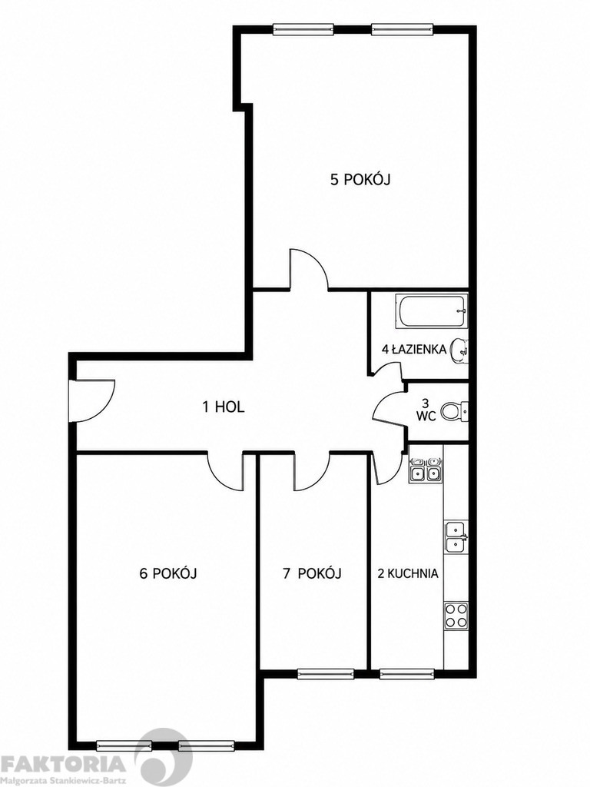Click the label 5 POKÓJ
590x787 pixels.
click(360, 180)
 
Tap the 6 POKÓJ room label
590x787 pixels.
click(167, 573)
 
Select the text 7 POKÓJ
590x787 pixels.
click(312, 573)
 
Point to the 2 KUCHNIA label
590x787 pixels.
click(407, 573)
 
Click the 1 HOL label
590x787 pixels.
click(224, 407)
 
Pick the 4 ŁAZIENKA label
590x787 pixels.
click(414, 350)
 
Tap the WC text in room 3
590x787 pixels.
click(426, 416)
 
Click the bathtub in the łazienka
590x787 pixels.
click(432, 310)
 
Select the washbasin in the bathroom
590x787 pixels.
click(459, 350)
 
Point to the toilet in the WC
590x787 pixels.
click(455, 412)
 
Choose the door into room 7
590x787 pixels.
click(312, 470)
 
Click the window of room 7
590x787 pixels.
click(326, 673)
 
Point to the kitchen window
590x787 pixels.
click(406, 673)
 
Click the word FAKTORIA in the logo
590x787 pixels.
click(63, 763)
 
